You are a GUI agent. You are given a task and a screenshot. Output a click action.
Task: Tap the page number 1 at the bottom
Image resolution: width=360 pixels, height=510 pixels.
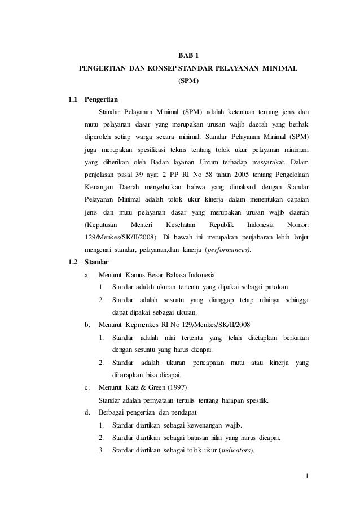tap(307, 477)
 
